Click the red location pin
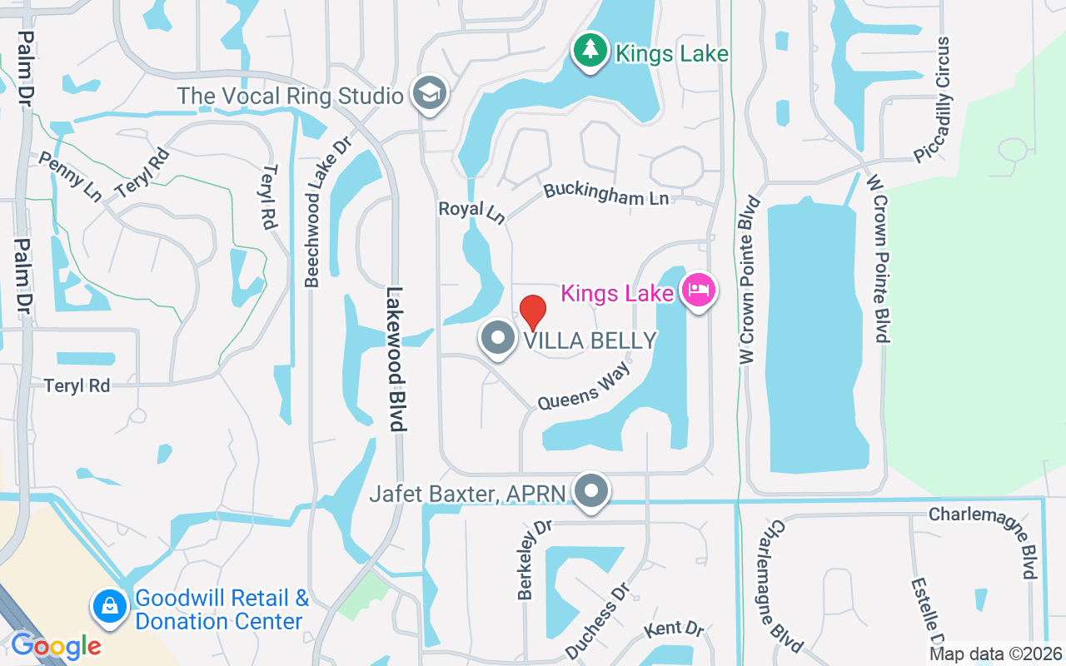click(533, 312)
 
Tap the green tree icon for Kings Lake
click(590, 50)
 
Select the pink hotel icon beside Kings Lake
click(699, 291)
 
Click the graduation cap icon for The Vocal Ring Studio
click(431, 93)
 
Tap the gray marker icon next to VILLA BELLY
click(498, 339)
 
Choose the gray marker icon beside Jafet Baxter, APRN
click(592, 491)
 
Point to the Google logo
click(57, 646)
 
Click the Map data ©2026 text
click(996, 654)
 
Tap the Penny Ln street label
click(70, 176)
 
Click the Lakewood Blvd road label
click(396, 359)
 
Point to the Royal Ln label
click(472, 211)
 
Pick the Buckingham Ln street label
click(606, 195)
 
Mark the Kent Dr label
click(675, 628)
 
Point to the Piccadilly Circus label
click(932, 100)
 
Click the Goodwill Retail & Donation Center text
click(222, 609)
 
